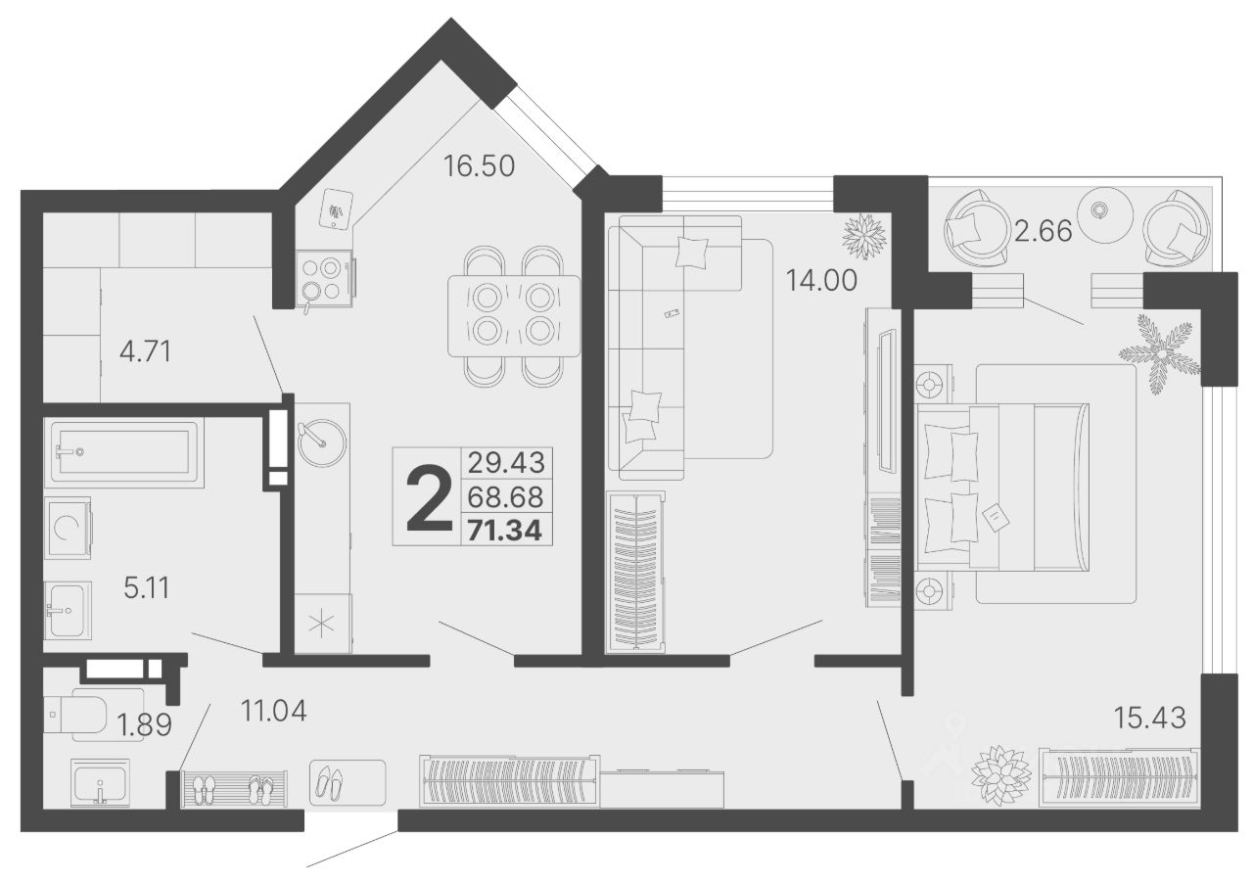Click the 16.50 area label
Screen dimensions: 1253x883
479,166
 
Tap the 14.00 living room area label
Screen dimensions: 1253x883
821,280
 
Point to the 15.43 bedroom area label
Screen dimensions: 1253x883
1150,718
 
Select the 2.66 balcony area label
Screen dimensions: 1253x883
1044,231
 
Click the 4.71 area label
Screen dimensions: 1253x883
146,352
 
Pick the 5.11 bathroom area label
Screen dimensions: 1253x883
147,588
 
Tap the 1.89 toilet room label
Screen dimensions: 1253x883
144,725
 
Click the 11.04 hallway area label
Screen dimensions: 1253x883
273,712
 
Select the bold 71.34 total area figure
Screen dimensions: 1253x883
504,531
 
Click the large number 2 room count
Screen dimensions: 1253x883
429,499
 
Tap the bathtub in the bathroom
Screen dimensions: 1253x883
124,451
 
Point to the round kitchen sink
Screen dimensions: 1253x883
321,443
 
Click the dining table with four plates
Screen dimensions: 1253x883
514,315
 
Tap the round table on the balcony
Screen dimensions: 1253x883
1100,215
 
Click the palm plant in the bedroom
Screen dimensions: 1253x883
1160,353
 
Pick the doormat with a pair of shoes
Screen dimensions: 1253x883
348,782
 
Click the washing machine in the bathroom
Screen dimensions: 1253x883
68,528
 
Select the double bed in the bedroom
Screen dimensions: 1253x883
1001,488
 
